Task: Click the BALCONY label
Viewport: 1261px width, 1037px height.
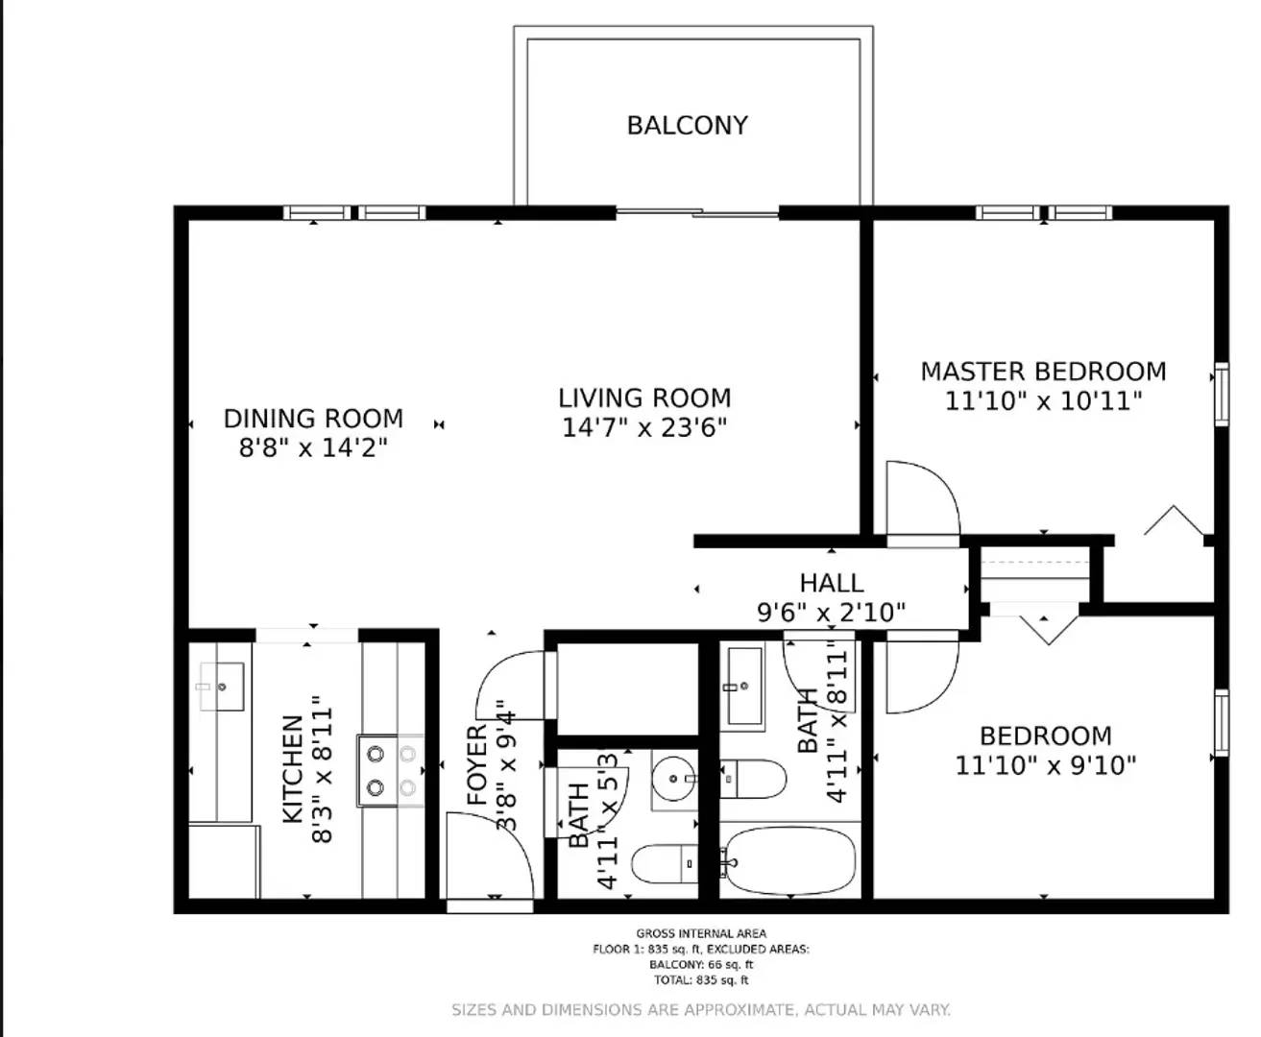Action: click(x=687, y=126)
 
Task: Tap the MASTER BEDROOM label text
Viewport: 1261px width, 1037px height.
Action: click(x=1043, y=372)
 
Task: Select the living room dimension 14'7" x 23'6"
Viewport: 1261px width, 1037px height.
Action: click(x=644, y=427)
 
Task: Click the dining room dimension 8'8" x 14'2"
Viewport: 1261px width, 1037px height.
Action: click(x=313, y=447)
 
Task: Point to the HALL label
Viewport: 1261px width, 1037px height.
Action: click(x=831, y=583)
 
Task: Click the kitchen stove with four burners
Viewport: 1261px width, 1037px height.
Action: click(x=391, y=771)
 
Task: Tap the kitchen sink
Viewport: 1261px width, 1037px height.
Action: click(x=221, y=687)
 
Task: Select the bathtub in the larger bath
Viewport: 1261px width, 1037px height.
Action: click(x=788, y=860)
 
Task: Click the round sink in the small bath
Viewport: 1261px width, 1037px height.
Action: click(x=673, y=779)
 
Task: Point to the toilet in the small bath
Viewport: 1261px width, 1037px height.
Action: click(x=667, y=864)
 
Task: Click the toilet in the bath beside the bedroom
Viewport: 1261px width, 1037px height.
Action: click(x=754, y=779)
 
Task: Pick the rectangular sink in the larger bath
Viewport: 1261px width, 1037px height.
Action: click(x=744, y=687)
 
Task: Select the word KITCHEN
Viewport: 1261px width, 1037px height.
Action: click(x=293, y=769)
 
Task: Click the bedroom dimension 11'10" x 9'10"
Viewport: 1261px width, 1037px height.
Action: click(x=1045, y=765)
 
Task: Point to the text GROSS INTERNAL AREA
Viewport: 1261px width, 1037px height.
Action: click(x=701, y=933)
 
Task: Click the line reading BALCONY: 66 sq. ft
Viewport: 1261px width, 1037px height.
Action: click(x=701, y=965)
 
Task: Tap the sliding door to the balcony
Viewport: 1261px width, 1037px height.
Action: click(x=697, y=212)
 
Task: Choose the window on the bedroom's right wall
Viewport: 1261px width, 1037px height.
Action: click(x=1221, y=722)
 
